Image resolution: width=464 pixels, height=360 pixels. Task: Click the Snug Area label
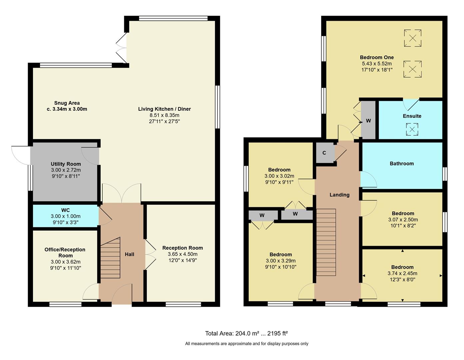coord(67,103)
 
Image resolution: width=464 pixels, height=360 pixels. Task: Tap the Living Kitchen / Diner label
coord(164,109)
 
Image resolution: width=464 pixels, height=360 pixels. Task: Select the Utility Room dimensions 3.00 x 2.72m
coord(66,170)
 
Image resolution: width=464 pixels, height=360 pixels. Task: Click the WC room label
coord(65,210)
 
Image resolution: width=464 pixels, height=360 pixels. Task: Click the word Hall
coord(129,254)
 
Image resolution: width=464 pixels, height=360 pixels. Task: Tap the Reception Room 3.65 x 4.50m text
coord(183,254)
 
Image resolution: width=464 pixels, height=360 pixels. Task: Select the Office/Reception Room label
coord(65,252)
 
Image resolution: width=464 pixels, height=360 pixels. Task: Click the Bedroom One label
coord(377,57)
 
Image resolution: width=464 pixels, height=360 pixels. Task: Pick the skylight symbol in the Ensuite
coord(412,129)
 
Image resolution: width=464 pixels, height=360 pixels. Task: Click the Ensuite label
coord(412,116)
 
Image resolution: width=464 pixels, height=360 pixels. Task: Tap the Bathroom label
coord(402,164)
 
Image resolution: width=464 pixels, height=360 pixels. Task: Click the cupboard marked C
coord(324,153)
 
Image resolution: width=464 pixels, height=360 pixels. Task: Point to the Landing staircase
coord(326,242)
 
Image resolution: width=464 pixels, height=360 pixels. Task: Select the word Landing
coord(339,195)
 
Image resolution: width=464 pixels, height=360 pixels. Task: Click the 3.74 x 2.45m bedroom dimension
coord(402,273)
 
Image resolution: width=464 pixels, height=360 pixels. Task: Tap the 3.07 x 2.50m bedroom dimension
coord(403,220)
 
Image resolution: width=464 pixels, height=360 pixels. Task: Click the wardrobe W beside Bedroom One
coord(368,121)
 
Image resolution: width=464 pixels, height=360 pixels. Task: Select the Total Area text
coord(246,333)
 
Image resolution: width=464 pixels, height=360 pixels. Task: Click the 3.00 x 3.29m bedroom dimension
coord(281,261)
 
